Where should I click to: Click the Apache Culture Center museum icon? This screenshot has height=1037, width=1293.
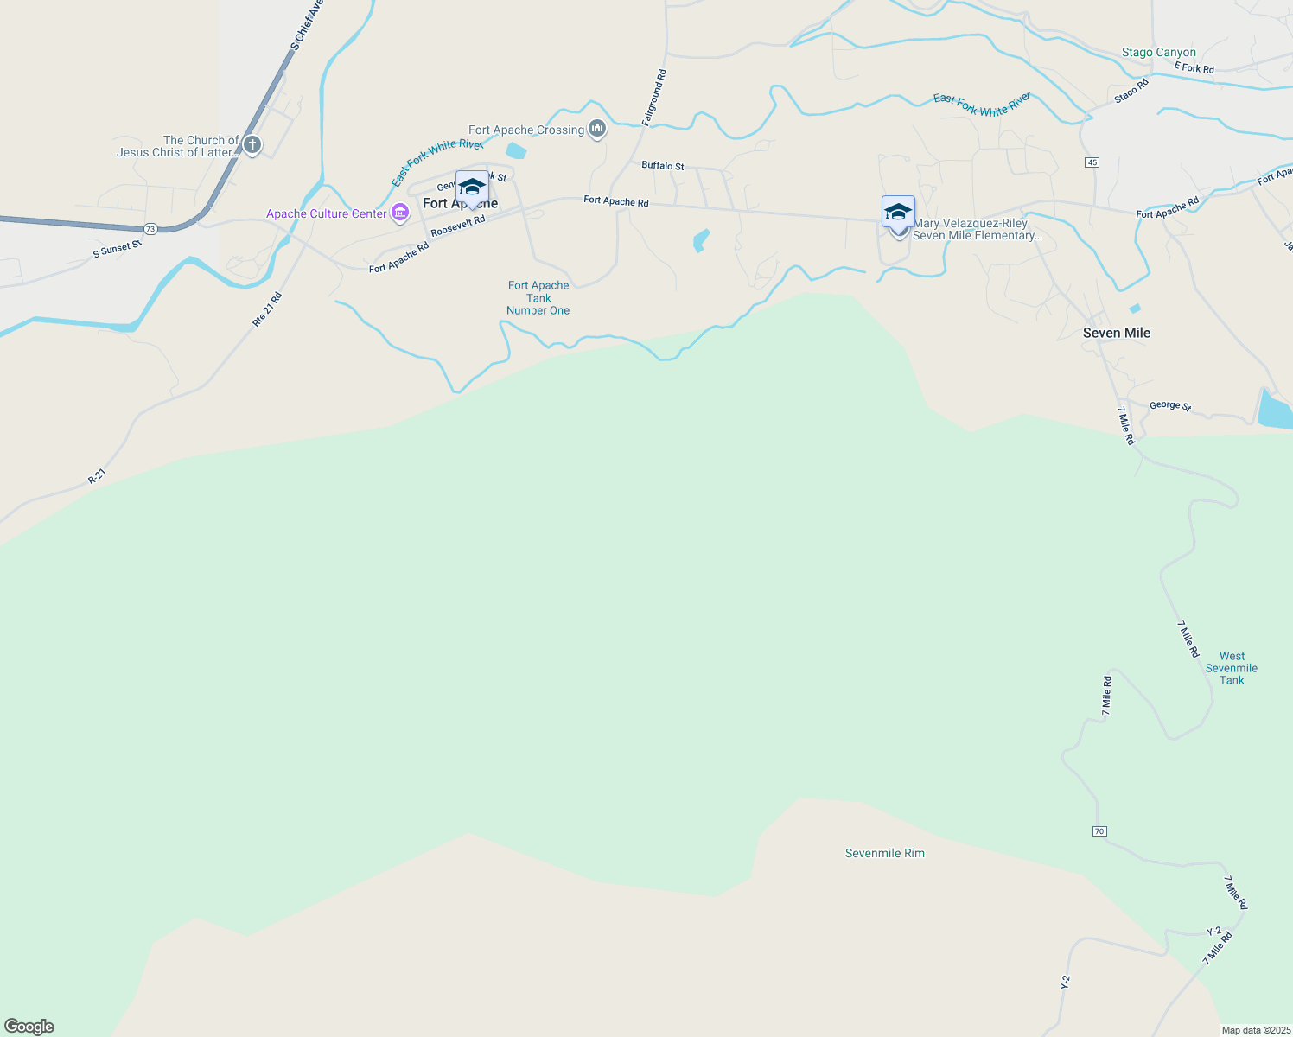tap(399, 213)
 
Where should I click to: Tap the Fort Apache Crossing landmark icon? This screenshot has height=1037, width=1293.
tap(596, 130)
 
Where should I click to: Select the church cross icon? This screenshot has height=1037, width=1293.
tap(252, 144)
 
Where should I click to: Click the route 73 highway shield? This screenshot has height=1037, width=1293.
tap(151, 228)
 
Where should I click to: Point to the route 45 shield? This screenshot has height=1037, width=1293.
tap(1092, 162)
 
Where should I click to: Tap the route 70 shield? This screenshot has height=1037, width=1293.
tap(1099, 831)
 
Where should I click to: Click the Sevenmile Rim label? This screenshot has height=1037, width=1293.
tap(884, 853)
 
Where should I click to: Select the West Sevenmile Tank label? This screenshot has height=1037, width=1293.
tap(1232, 668)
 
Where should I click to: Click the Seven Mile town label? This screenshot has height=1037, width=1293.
tap(1116, 333)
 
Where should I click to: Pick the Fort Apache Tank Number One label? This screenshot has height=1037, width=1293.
tap(538, 298)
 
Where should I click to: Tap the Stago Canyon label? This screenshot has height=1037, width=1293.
tap(1158, 53)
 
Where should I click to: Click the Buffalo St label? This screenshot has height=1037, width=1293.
tap(662, 165)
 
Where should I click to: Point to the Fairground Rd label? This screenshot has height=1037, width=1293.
tap(654, 98)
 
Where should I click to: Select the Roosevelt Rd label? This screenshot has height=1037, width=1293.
tap(457, 226)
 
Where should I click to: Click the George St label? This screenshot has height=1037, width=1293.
tap(1169, 405)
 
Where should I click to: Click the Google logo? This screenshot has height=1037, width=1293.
tap(29, 1027)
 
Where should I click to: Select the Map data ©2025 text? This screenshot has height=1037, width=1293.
tap(1255, 1030)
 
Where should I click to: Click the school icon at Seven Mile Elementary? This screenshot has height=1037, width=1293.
tap(898, 212)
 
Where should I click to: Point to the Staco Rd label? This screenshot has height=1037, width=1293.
tap(1131, 91)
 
